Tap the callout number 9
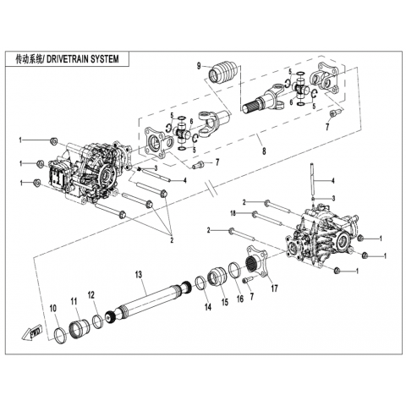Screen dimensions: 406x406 (199, 67)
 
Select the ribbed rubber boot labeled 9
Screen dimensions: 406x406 (223, 71)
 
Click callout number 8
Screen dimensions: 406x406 (264, 151)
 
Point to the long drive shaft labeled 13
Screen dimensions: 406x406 (150, 299)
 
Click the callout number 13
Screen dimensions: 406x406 (139, 274)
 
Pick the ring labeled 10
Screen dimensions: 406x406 (60, 336)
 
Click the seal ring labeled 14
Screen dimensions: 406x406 (201, 283)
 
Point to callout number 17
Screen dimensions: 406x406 (274, 288)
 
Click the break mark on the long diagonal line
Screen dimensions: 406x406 (212, 188)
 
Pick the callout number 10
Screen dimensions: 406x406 (53, 308)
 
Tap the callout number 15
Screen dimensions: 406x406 (225, 302)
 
